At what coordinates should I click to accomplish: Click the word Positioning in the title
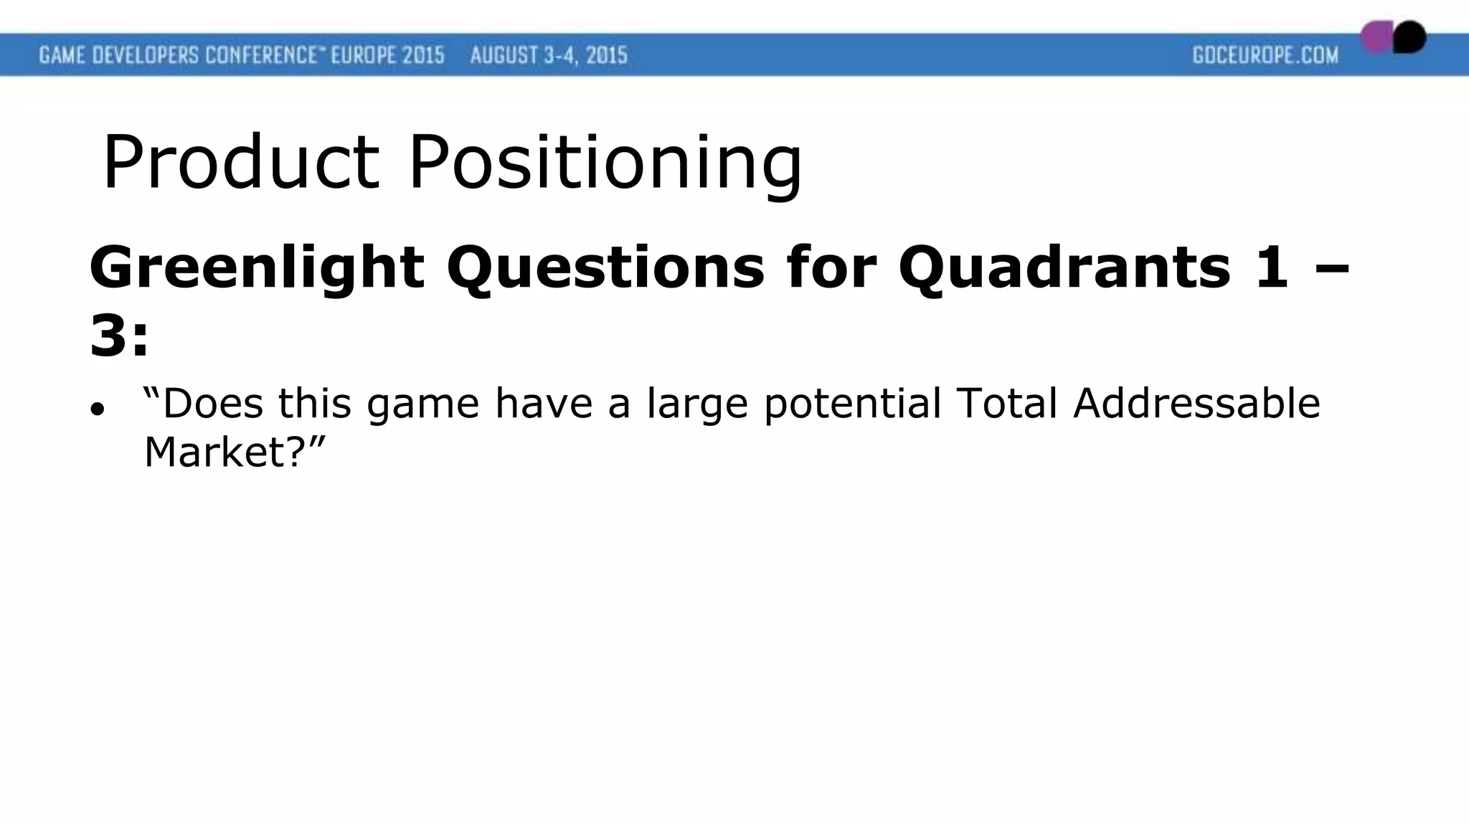click(x=605, y=163)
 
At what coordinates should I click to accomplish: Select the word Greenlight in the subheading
click(x=256, y=267)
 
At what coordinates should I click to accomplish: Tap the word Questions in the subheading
click(x=605, y=267)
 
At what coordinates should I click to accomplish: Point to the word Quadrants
click(x=1064, y=267)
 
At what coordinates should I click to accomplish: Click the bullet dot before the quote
click(x=98, y=409)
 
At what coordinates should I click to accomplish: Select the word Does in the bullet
click(x=212, y=403)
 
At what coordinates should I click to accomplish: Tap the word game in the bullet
click(x=422, y=404)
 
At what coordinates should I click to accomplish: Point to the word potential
click(x=852, y=404)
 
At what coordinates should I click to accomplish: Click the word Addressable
click(x=1196, y=403)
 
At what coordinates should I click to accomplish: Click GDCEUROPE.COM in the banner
click(x=1265, y=55)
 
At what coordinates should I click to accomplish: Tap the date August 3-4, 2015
click(x=549, y=55)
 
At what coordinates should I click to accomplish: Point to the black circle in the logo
click(x=1410, y=37)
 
